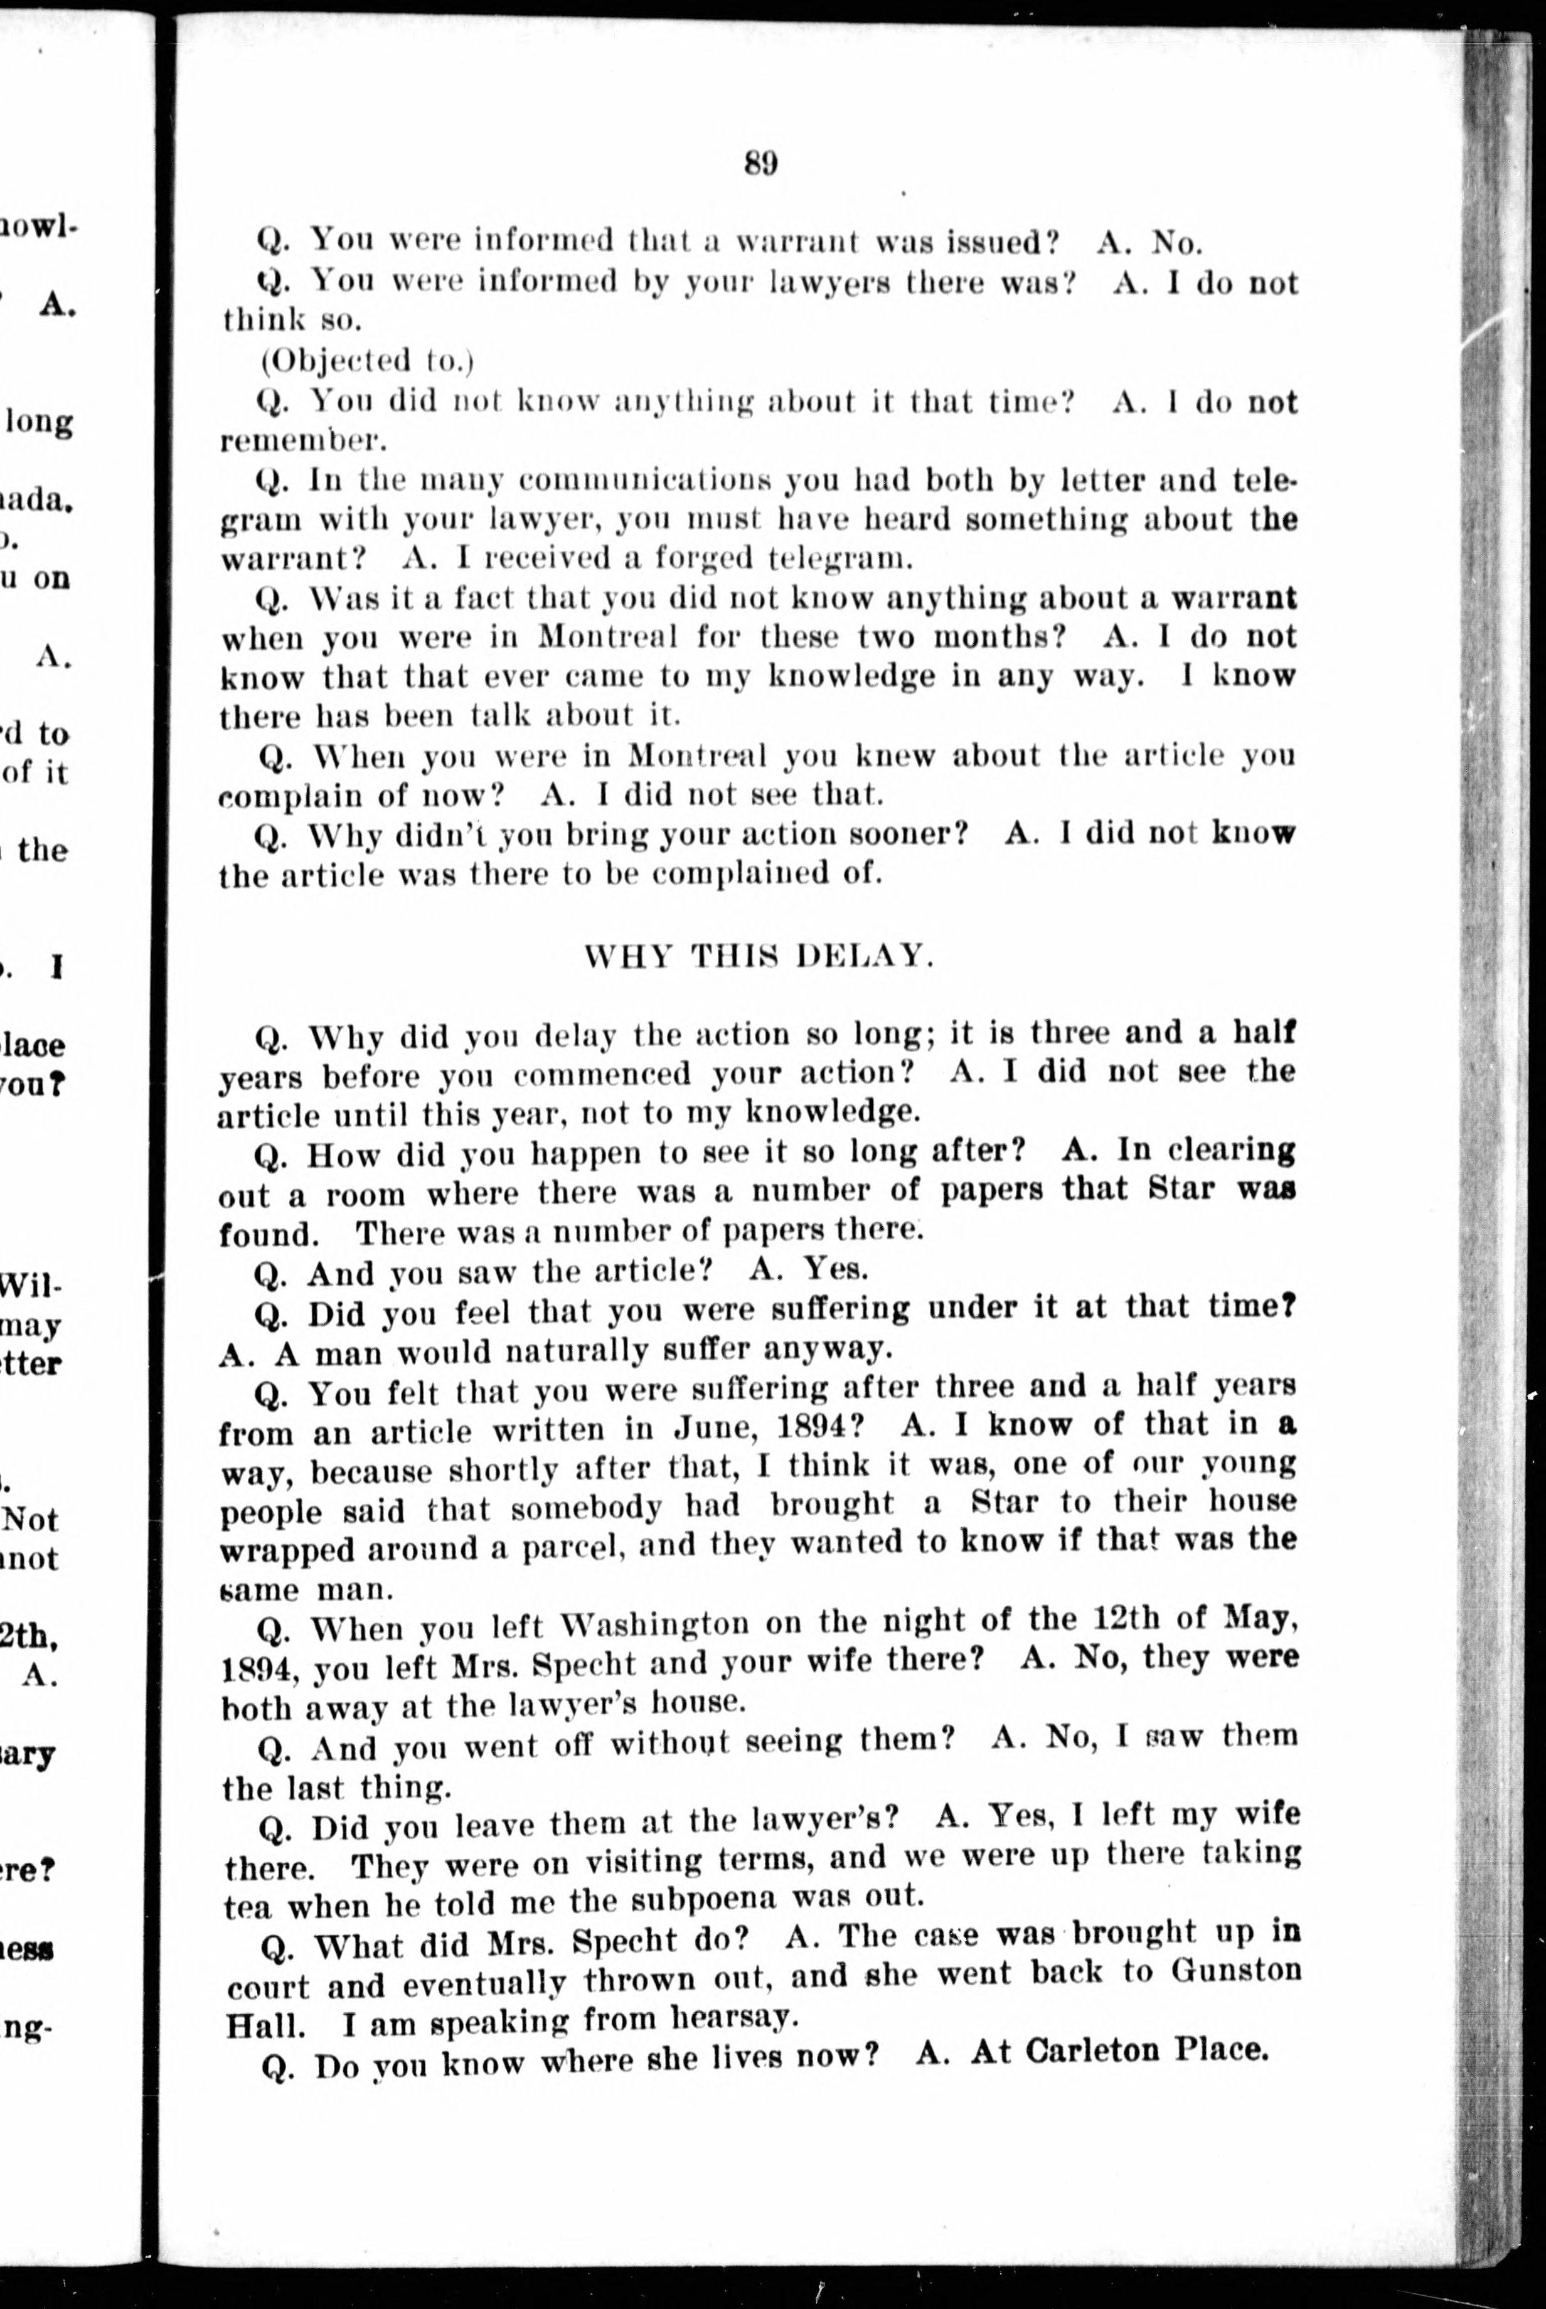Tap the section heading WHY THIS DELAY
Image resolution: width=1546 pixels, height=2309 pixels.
(x=758, y=956)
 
